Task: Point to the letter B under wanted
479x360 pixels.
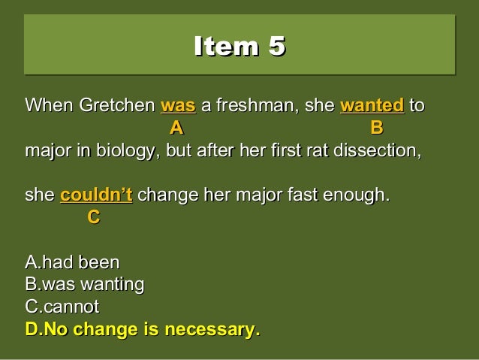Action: pyautogui.click(x=376, y=126)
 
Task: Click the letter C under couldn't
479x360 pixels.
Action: pyautogui.click(x=93, y=217)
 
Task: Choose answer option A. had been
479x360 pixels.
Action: pyautogui.click(x=72, y=263)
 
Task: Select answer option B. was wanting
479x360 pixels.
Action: pyautogui.click(x=85, y=285)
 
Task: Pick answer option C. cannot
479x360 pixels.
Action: pyautogui.click(x=62, y=307)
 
